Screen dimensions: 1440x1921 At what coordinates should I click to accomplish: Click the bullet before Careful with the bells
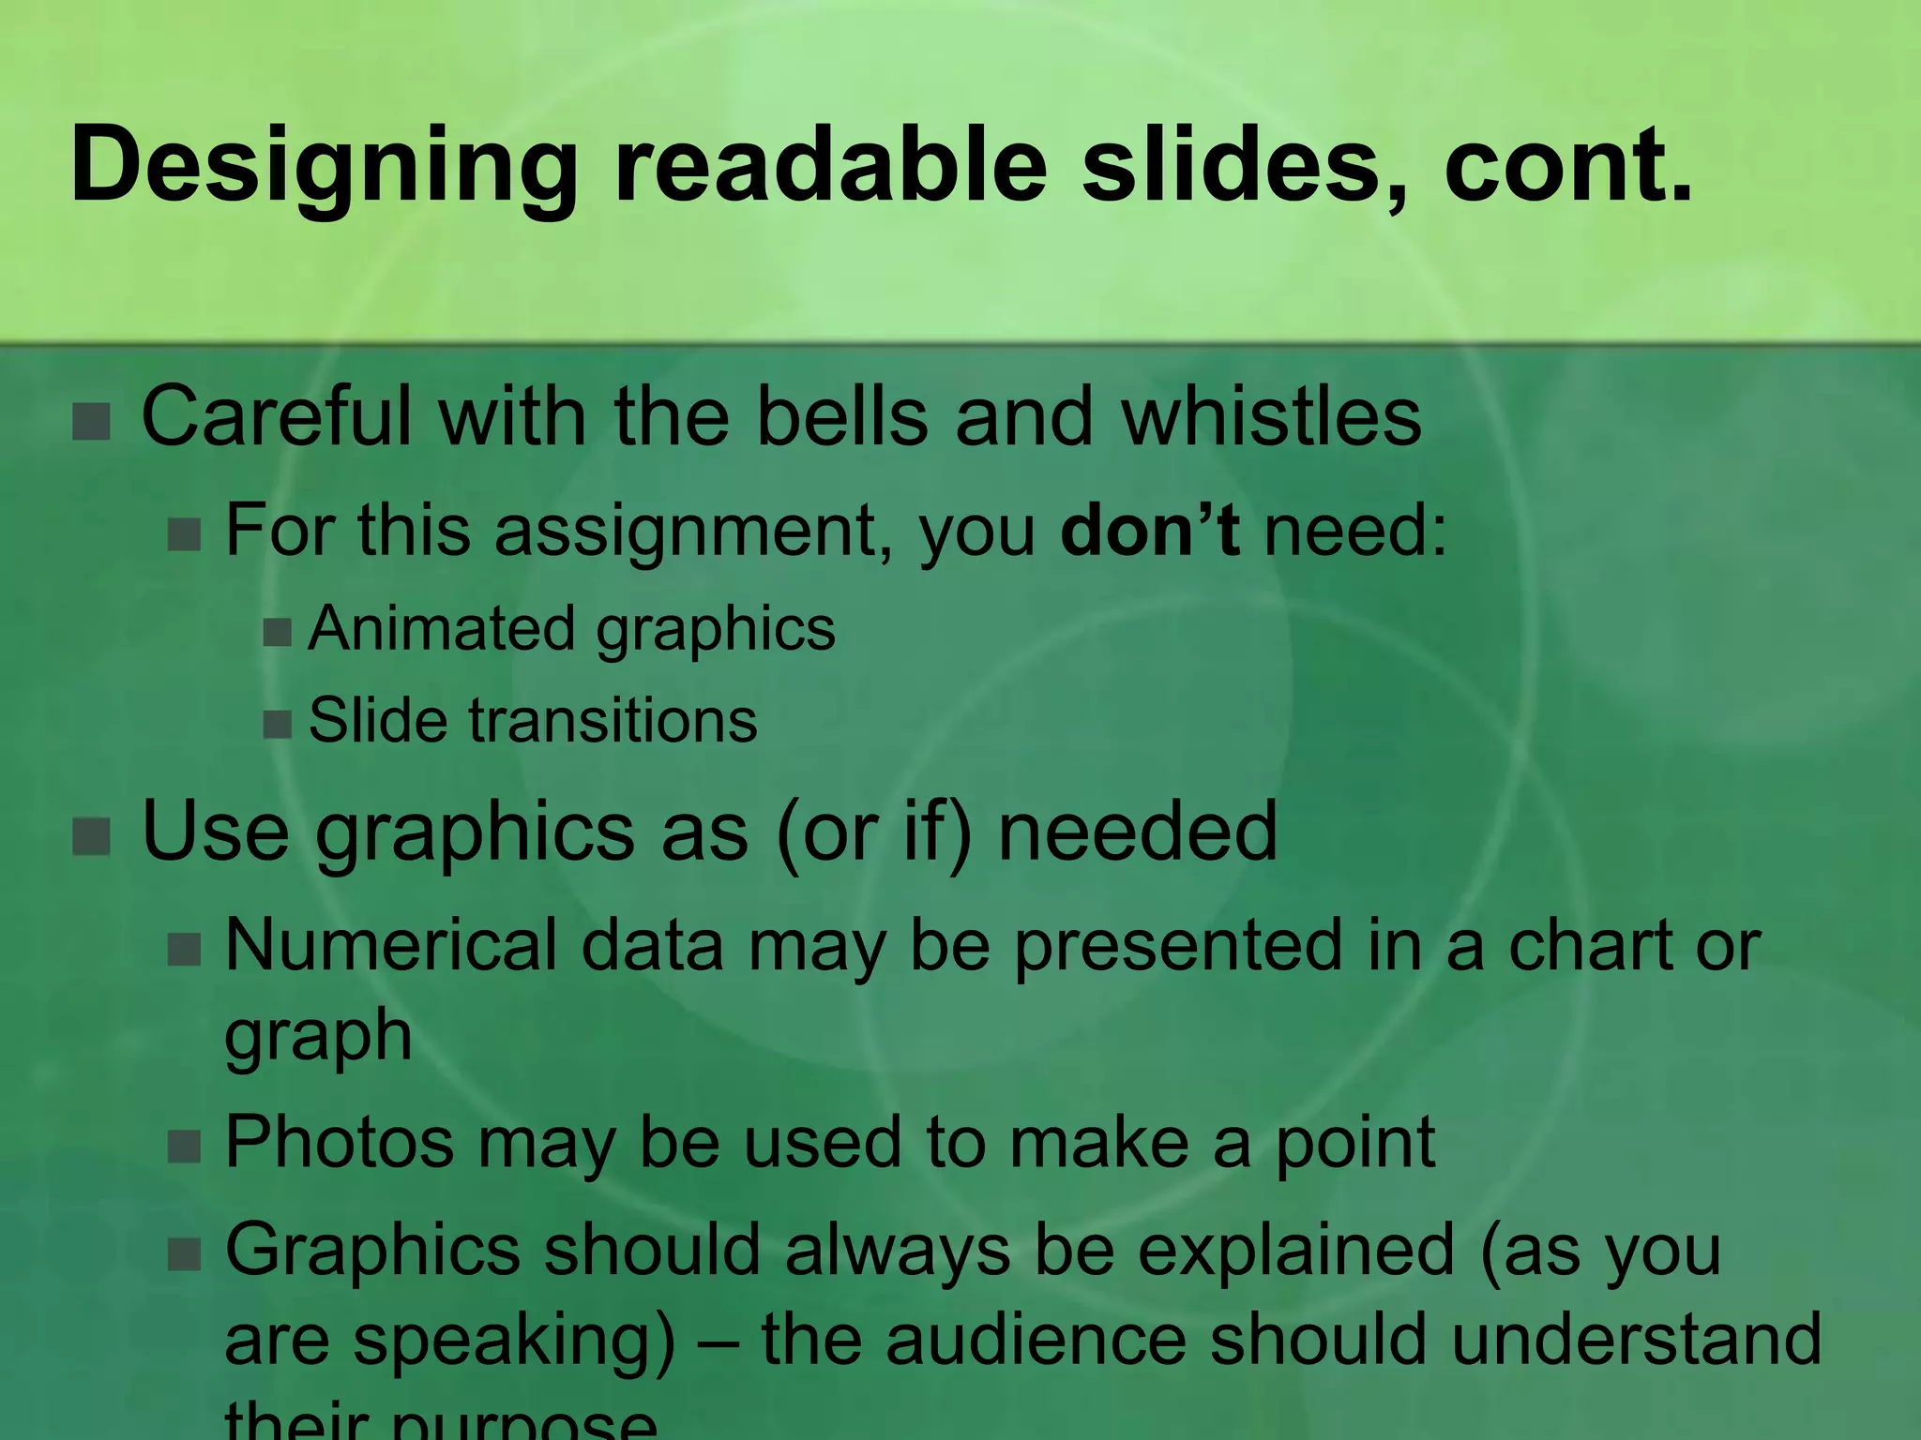coord(92,421)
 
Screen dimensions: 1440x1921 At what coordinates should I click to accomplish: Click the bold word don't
coord(1149,530)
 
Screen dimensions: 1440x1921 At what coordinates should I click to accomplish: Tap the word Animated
coord(442,627)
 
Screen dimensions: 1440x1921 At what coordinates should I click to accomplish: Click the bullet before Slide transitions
coord(278,724)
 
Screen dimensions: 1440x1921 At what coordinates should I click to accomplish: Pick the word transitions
coord(613,720)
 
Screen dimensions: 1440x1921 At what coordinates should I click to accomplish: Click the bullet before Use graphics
coord(92,835)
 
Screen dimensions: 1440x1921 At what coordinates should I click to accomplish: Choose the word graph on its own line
coord(318,1037)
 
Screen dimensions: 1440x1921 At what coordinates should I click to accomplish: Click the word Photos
coord(339,1142)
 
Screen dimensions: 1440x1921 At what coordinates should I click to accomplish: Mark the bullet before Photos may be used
coord(185,1146)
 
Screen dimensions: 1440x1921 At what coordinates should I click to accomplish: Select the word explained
coord(1295,1250)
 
